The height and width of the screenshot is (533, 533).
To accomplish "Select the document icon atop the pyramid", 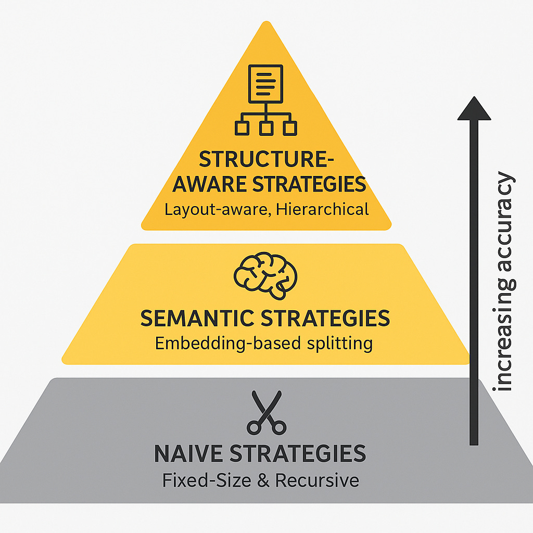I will (266, 83).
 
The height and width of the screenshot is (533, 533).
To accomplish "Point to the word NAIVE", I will (189, 454).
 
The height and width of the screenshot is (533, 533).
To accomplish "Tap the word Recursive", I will (317, 479).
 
